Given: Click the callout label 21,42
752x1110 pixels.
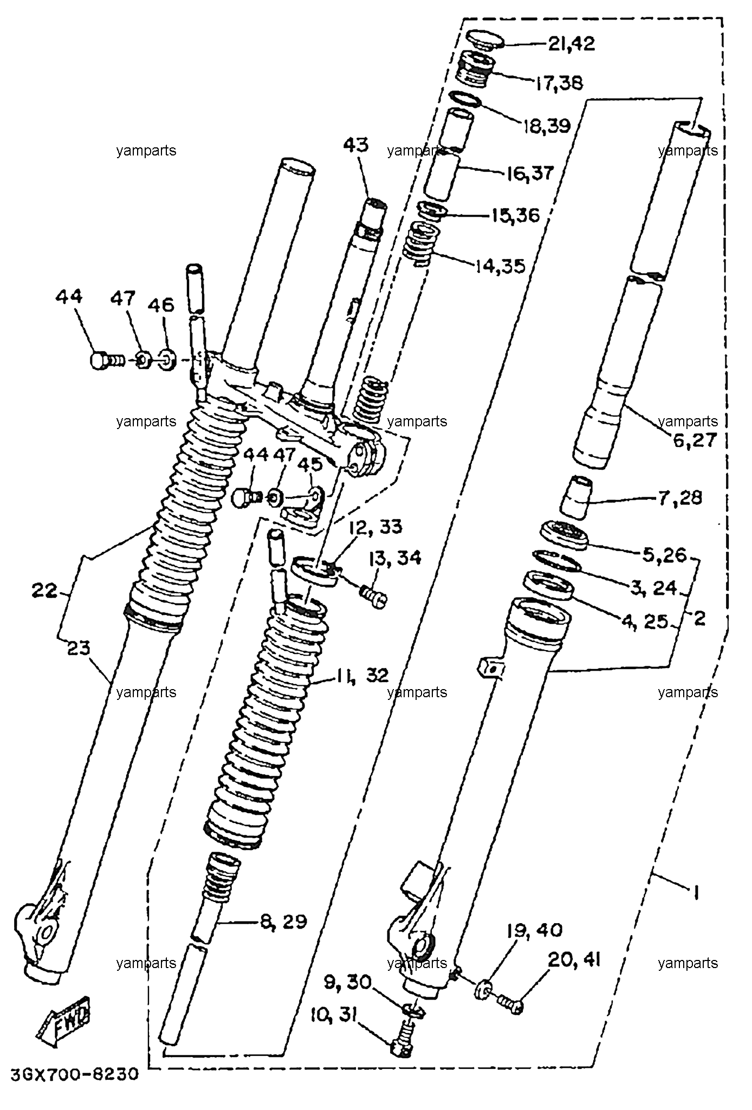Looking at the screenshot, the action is pos(571,43).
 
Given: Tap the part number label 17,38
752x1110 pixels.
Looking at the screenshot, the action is pos(560,83).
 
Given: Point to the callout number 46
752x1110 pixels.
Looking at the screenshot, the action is pos(161,305).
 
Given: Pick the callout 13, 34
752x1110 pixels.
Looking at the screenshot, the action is pos(395,557).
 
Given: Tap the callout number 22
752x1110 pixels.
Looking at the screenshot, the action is pos(44,590).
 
